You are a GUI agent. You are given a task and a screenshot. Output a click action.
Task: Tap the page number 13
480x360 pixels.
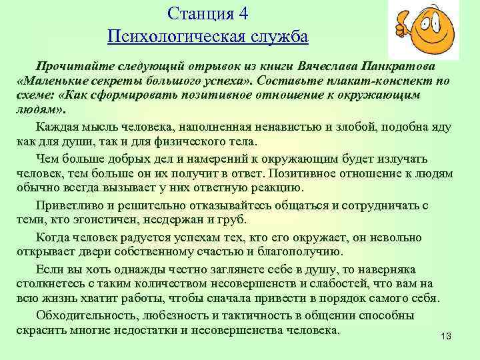pos(446,335)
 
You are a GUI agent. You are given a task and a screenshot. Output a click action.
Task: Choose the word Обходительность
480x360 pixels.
pos(86,315)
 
